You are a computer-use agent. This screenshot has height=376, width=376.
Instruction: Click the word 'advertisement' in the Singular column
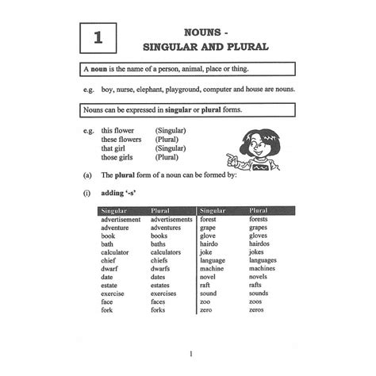[121, 220]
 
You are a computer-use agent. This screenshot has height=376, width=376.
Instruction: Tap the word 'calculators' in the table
[169, 253]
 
